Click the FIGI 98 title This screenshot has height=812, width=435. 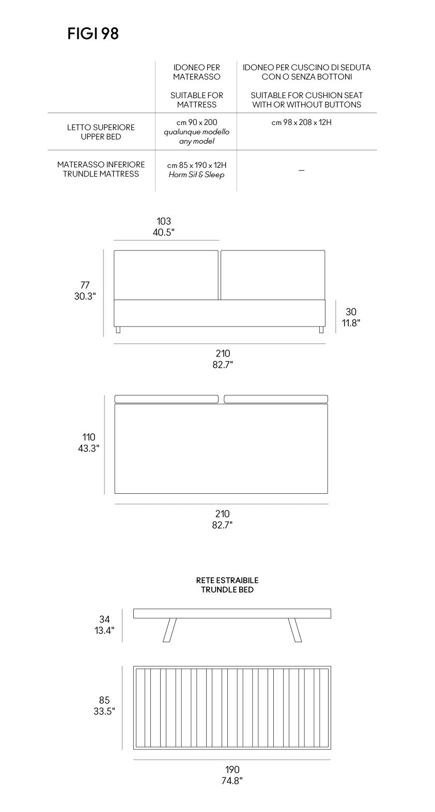(93, 34)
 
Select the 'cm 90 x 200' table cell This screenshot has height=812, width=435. (196, 122)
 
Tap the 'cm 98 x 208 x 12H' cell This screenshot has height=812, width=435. (301, 122)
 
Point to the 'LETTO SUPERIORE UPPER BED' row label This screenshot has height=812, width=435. (101, 132)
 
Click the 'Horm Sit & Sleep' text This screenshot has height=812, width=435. (196, 175)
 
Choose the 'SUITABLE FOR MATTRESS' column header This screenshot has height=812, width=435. (196, 100)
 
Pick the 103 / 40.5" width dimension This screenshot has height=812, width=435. (163, 227)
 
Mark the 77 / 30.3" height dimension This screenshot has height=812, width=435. (85, 291)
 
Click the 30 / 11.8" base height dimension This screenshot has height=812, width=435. (351, 317)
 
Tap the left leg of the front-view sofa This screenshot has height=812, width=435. (118, 330)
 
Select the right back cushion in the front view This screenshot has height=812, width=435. (273, 275)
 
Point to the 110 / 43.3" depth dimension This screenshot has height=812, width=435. (88, 443)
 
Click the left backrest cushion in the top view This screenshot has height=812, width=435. (167, 399)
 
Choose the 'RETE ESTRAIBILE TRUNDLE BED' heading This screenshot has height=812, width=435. (227, 585)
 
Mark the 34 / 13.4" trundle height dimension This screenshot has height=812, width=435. (104, 624)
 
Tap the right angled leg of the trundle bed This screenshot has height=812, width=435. (294, 630)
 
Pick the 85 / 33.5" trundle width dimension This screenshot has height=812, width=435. (104, 706)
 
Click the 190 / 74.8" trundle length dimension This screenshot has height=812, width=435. (232, 775)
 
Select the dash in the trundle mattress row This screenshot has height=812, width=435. (301, 170)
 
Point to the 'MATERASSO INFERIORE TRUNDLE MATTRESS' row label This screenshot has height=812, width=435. (101, 169)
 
